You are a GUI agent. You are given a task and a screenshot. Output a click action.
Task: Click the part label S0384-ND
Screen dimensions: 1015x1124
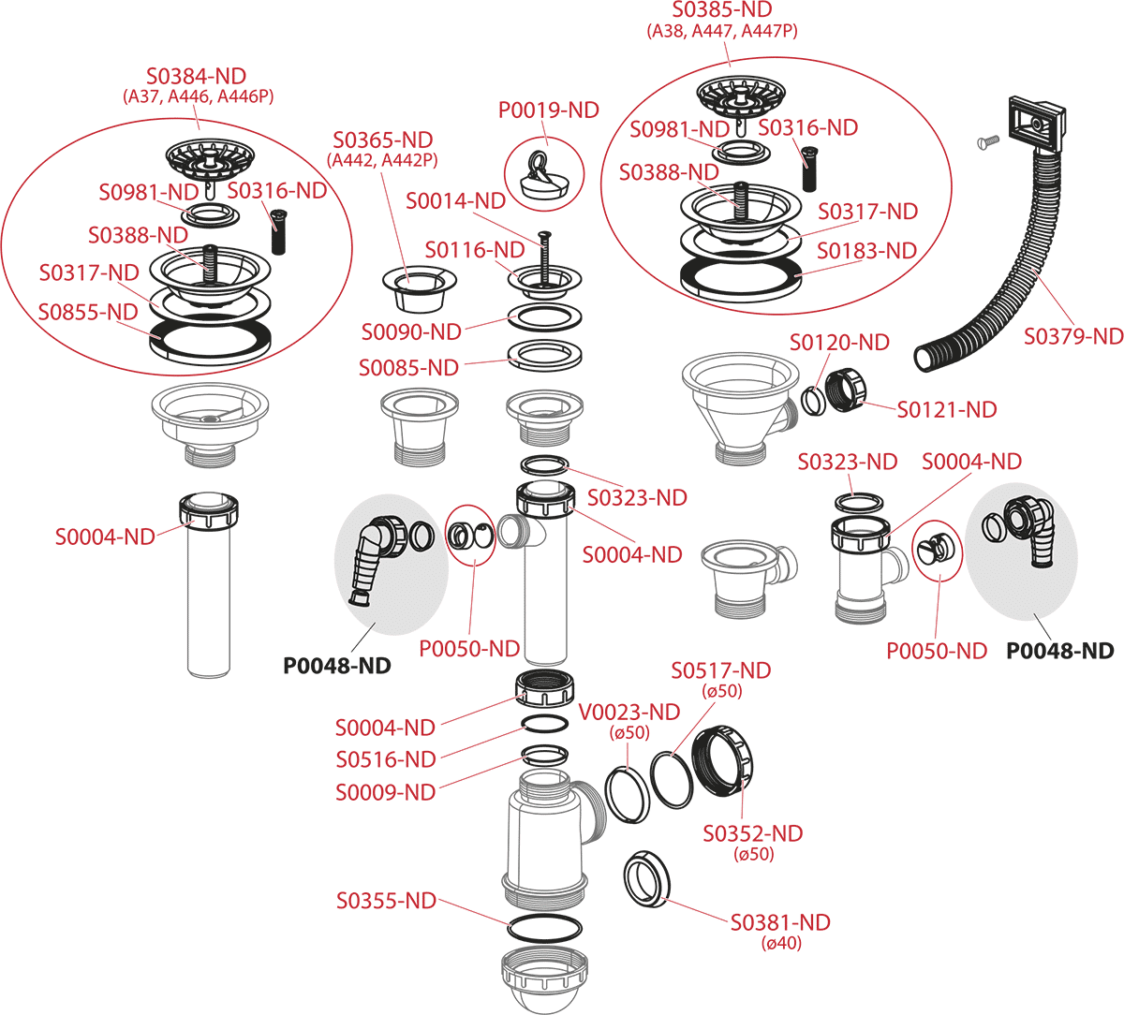point(199,76)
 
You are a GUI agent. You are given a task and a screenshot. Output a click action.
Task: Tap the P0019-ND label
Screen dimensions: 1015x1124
point(548,110)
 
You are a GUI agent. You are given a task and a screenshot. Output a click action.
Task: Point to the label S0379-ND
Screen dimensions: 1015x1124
point(1072,335)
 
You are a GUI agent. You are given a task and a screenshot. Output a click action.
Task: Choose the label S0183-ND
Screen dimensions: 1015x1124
point(866,251)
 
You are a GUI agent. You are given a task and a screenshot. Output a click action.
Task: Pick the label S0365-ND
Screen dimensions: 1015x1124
point(384,140)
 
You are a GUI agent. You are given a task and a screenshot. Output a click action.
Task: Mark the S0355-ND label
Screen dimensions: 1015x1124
point(386,901)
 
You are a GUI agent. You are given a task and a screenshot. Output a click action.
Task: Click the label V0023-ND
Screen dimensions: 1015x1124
point(630,713)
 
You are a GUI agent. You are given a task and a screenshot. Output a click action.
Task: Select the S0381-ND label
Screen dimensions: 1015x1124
point(780,922)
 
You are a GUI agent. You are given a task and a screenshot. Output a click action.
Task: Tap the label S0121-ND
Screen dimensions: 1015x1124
point(947,409)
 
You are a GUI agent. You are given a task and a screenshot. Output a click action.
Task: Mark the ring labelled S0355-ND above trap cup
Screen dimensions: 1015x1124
point(543,930)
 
